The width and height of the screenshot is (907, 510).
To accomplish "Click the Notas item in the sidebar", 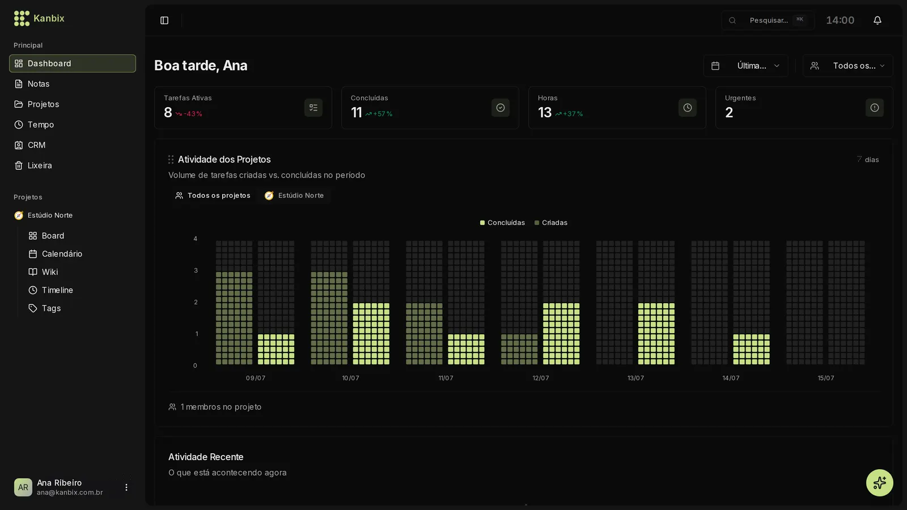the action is point(38,84).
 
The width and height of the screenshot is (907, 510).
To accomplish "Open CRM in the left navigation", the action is point(36,145).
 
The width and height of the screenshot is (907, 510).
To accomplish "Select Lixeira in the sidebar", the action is point(39,165).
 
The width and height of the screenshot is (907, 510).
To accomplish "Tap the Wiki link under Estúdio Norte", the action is point(49,272).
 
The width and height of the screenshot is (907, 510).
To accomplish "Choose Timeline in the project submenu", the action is point(57,290).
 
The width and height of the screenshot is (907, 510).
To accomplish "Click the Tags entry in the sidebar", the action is point(51,308).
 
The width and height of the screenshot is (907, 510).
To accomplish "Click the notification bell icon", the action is point(877,20).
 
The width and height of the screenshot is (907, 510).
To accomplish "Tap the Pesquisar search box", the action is point(768,20).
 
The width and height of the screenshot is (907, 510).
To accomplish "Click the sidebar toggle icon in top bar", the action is point(164,20).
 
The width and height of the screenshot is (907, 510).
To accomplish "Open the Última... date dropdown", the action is point(745,66).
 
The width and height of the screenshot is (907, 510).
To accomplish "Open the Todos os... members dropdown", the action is point(847,66).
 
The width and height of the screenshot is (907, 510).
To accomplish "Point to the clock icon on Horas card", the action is point(688,108).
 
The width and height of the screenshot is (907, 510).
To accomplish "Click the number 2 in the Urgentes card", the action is point(729,113).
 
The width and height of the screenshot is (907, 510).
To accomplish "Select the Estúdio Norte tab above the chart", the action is point(294,195).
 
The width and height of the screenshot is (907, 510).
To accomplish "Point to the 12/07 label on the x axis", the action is point(541,378).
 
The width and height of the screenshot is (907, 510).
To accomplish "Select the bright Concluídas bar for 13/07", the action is point(656,334).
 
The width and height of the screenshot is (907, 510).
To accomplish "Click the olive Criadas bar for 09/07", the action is point(234,318).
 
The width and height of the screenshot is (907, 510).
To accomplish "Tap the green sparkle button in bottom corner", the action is point(879,482).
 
